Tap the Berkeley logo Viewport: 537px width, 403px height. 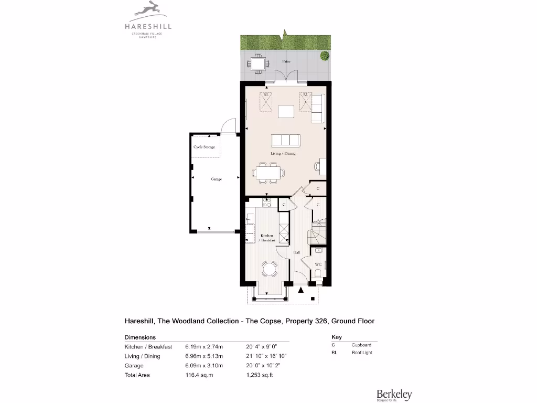(394, 395)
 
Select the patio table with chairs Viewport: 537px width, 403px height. (258, 64)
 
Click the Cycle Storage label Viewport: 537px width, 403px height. (204, 147)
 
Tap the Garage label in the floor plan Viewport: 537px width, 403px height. (216, 179)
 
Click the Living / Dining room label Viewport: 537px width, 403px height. (283, 154)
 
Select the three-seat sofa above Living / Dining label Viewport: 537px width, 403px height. (285, 140)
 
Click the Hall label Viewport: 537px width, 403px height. (296, 252)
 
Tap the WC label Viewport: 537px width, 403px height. (318, 264)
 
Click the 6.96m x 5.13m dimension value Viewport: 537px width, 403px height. (204, 356)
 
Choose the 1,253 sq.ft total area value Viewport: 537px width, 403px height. (260, 375)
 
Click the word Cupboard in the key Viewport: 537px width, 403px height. (361, 345)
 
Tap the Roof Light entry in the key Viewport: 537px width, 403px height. (361, 353)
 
